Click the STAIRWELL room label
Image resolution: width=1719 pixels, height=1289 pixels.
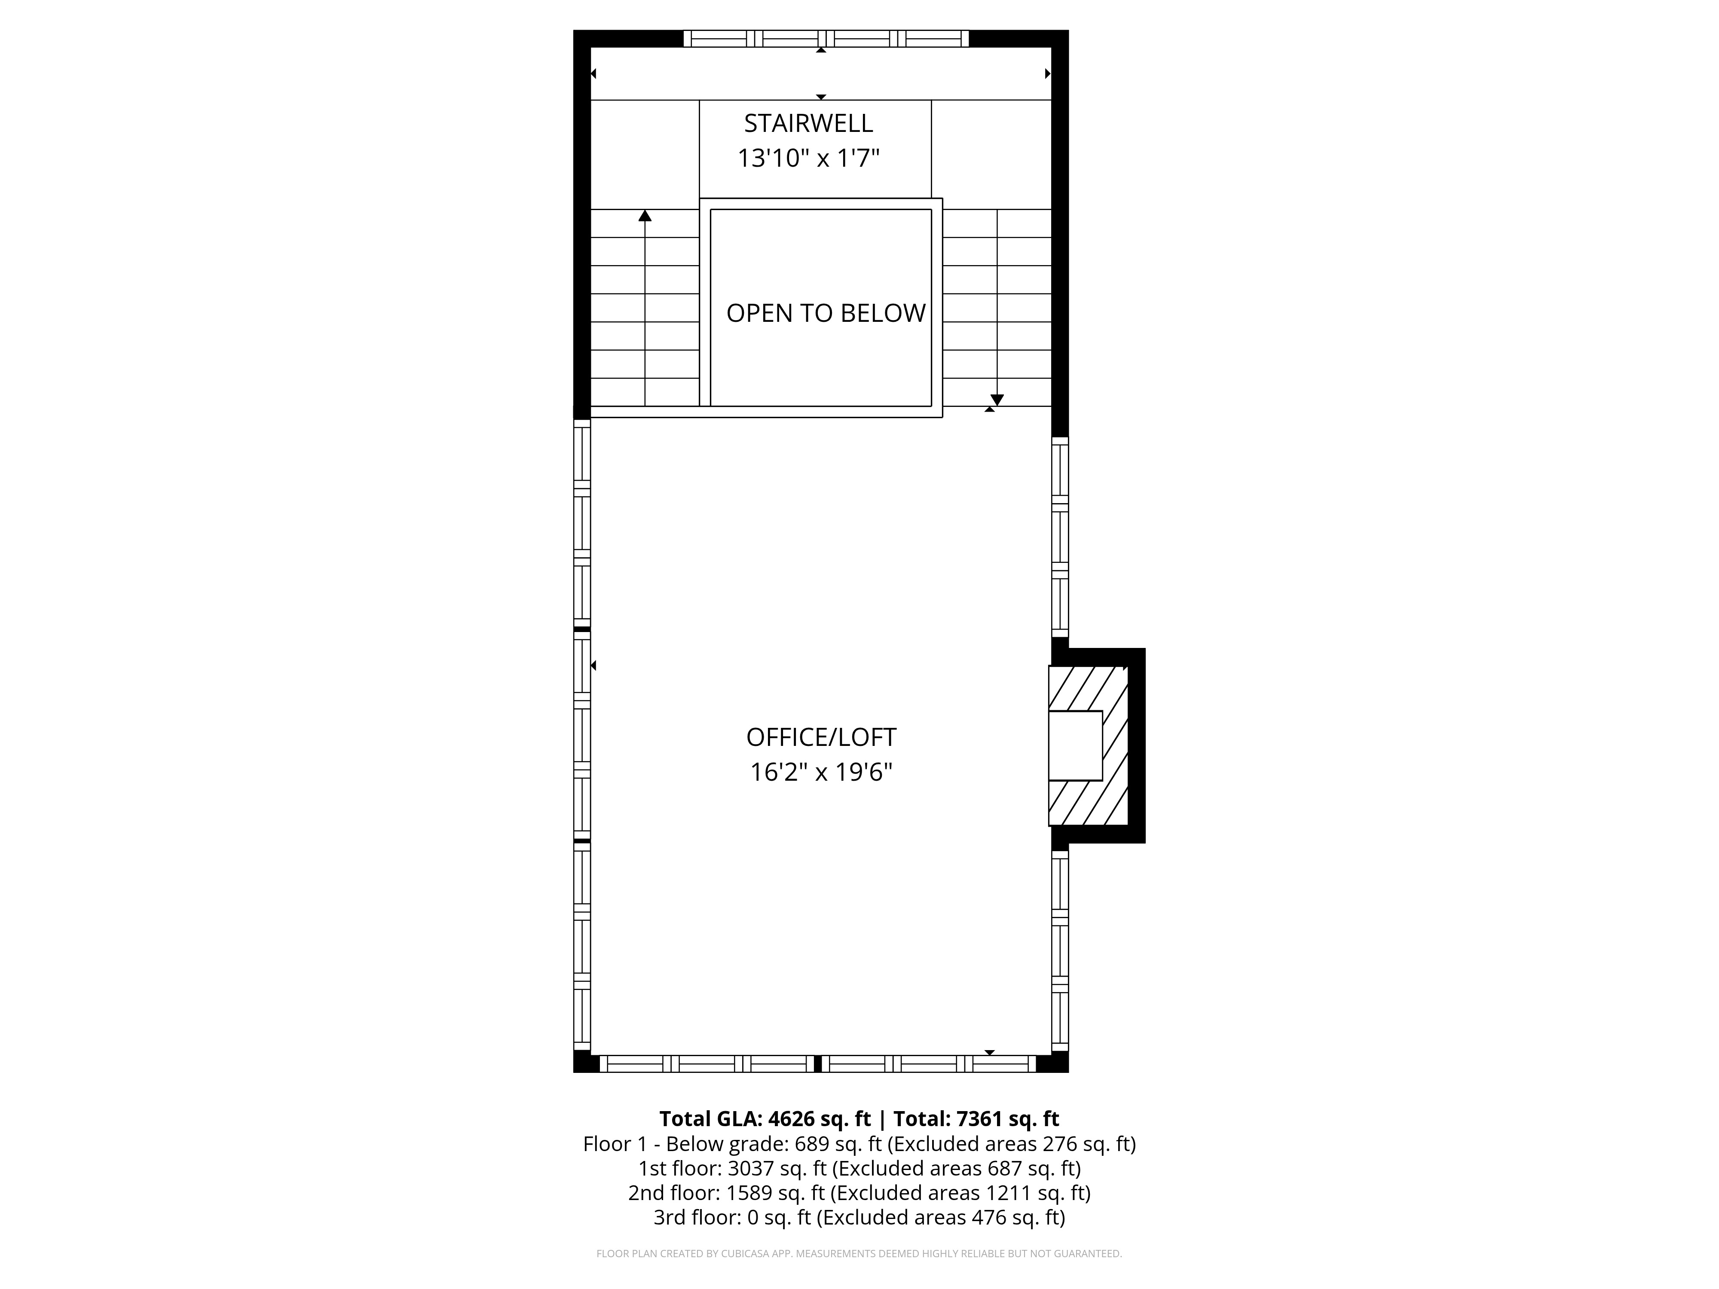point(808,124)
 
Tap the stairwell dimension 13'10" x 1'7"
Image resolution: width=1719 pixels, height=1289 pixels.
point(808,159)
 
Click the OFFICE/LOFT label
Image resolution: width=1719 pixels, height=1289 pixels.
point(821,736)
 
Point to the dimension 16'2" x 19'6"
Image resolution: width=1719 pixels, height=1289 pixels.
point(821,772)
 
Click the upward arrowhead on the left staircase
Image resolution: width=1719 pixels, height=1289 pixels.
point(645,215)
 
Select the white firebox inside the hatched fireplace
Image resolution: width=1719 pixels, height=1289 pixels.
point(1076,745)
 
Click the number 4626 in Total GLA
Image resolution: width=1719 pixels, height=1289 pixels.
point(792,1119)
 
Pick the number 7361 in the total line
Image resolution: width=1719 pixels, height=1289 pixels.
point(981,1119)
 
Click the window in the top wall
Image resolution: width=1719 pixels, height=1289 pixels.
point(826,39)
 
